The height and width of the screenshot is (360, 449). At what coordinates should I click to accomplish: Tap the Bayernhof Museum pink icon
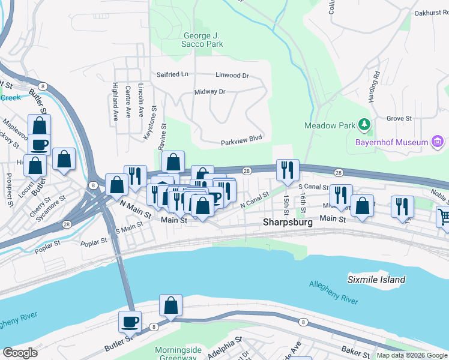point(437,142)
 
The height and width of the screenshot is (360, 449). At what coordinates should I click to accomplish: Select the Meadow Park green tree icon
point(363,125)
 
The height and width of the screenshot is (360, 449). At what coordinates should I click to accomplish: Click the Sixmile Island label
point(376,280)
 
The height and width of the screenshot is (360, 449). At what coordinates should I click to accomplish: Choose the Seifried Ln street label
point(172,75)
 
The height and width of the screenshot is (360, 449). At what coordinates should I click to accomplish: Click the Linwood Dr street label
point(232,76)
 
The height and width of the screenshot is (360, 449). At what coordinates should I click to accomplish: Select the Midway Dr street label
point(209,92)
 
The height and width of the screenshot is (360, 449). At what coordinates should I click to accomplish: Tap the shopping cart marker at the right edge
point(444,217)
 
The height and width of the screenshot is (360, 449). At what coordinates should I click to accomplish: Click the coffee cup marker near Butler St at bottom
point(130,322)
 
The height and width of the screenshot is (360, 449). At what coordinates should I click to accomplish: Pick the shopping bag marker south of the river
point(171,305)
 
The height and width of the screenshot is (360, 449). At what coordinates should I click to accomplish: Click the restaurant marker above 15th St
point(288,170)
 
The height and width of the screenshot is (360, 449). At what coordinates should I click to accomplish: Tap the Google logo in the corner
point(20,353)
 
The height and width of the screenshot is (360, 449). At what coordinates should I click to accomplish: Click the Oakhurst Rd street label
point(431,13)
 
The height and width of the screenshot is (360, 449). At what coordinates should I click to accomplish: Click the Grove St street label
point(399,119)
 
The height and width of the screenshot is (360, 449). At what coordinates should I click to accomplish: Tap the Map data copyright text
point(412,355)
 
